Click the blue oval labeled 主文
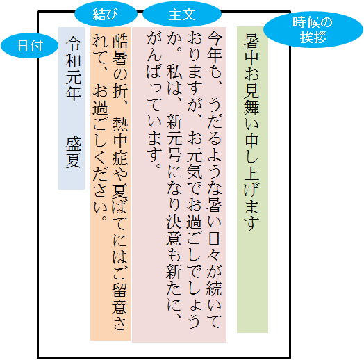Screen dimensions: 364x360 [182, 14]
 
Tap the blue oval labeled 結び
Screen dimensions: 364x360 [106, 14]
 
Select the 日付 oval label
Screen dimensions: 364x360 [29, 46]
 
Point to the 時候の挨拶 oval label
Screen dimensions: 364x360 [313, 30]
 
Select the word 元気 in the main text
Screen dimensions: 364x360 [195, 163]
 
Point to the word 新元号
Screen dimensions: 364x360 [174, 138]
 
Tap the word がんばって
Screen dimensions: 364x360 [154, 75]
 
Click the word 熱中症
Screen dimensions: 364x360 [120, 140]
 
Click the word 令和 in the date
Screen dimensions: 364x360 [74, 51]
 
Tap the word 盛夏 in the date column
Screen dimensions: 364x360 [74, 153]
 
